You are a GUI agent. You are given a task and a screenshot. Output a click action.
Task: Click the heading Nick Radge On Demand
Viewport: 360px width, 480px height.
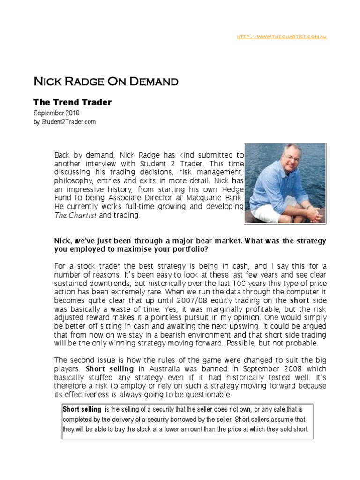click(105, 82)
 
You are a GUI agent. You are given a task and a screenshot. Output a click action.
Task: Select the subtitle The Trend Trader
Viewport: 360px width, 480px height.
click(72, 102)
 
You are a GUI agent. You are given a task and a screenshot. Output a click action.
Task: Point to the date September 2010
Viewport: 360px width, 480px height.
click(56, 113)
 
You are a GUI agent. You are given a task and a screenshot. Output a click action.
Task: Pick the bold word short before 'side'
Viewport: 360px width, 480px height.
click(300, 300)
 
